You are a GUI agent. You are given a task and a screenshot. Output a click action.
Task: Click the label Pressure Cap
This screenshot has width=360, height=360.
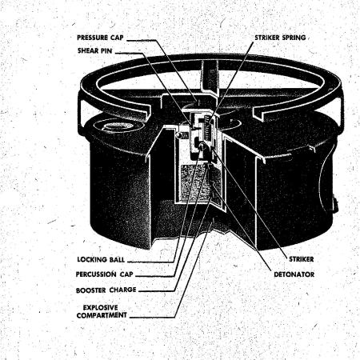coord(100,38)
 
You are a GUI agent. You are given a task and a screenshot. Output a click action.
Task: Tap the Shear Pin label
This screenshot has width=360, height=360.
coord(95,50)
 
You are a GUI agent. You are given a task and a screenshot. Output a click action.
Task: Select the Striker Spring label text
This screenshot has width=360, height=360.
coord(280,38)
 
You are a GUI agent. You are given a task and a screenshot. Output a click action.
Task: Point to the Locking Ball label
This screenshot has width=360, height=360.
coord(101,259)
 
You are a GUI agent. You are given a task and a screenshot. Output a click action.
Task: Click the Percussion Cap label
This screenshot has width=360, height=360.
coord(104,274)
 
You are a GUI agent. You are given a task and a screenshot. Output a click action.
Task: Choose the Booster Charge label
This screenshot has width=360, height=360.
coord(106,290)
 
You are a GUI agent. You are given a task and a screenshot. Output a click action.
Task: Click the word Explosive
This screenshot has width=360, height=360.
coord(100,307)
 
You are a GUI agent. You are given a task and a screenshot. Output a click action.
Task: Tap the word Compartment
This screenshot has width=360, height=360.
coord(102,315)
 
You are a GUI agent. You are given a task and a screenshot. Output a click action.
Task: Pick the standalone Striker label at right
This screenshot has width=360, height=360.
coord(302,259)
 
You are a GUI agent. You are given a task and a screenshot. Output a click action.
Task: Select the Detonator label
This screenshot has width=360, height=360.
coord(294,274)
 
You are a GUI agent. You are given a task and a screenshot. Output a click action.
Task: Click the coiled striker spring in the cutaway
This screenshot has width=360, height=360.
coord(207,128)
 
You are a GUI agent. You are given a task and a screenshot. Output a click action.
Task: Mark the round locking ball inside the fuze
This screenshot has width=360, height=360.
coord(202,146)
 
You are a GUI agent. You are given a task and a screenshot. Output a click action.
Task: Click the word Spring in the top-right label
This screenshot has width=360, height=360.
coord(294,38)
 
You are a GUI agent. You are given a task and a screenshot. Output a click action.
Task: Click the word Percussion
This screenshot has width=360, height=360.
coord(96,274)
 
